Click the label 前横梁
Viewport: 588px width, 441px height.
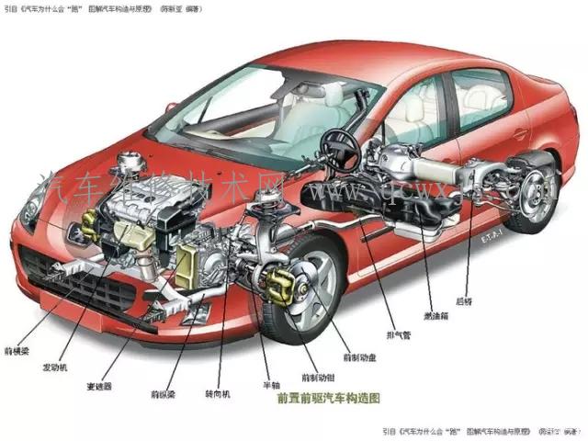tap(18, 351)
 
